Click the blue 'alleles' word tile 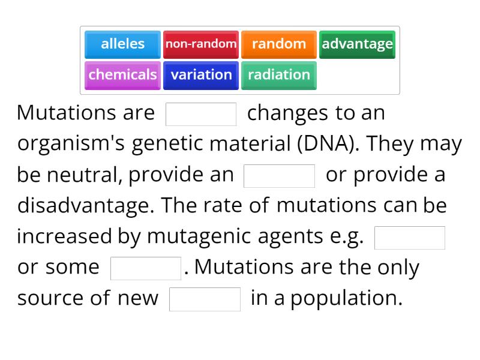pos(122,44)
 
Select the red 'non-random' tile pos(201,44)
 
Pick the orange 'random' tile pos(279,44)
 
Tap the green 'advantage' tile pos(357,44)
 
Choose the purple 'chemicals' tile pos(122,75)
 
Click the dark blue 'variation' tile pos(201,75)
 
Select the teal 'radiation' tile pos(279,75)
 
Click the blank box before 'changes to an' pos(201,114)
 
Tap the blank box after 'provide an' pos(279,176)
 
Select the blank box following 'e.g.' pos(410,238)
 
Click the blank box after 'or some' pos(146,268)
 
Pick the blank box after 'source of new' pos(205,299)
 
